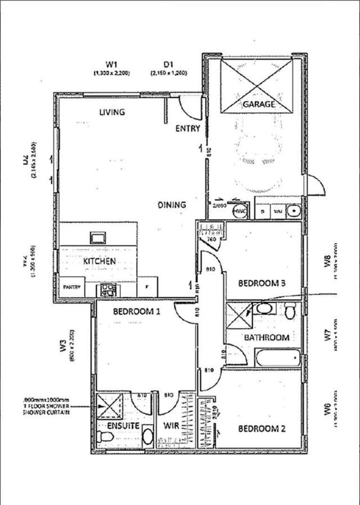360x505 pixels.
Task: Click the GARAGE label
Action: pyautogui.click(x=259, y=104)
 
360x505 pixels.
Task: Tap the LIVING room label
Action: pyautogui.click(x=112, y=112)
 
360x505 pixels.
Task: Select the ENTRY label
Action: pyautogui.click(x=187, y=128)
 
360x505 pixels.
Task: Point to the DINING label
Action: pyautogui.click(x=172, y=205)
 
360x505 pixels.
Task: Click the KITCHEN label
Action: pyautogui.click(x=100, y=261)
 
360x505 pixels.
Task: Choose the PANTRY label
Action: pyautogui.click(x=72, y=287)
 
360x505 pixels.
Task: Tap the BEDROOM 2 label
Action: pyautogui.click(x=262, y=429)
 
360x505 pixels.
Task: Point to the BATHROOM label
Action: pyautogui.click(x=266, y=338)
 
